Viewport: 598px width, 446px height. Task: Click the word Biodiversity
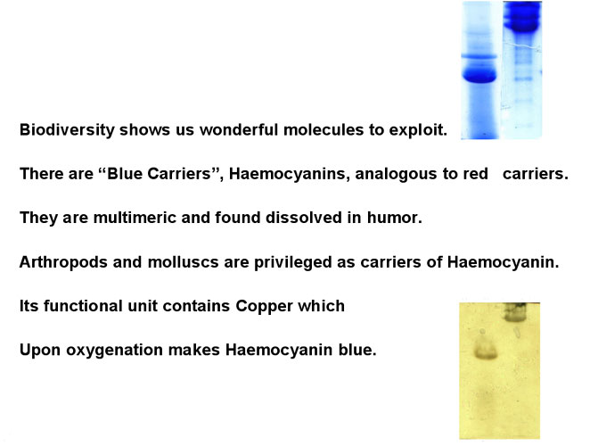[x=67, y=130]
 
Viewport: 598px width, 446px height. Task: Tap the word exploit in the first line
[x=418, y=130]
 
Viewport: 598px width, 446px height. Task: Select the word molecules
[x=324, y=130]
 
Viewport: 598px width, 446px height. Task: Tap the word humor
[x=394, y=218]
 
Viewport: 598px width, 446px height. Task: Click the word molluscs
[x=183, y=262]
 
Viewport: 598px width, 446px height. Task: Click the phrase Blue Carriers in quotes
[x=159, y=174]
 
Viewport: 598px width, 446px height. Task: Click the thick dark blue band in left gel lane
[x=479, y=75]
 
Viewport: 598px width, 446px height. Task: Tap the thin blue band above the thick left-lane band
[x=479, y=56]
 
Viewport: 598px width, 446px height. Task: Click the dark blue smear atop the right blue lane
[x=522, y=17]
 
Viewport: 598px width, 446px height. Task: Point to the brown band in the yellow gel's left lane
[x=487, y=351]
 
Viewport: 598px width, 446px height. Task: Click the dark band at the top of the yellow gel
[x=516, y=312]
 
